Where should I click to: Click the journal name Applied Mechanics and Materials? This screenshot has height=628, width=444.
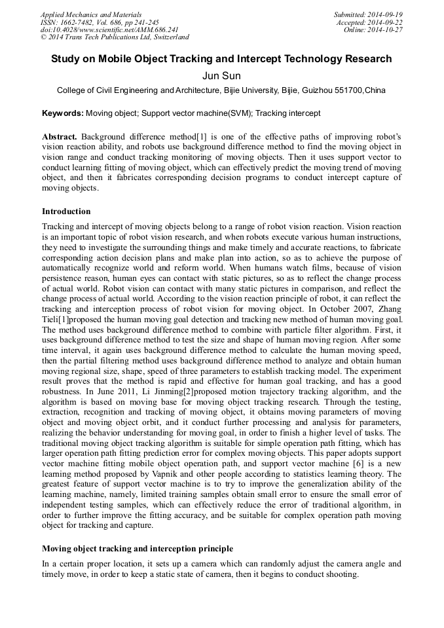pos(90,14)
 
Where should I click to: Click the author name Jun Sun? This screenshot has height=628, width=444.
pos(221,76)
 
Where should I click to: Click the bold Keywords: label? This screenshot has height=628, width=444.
pos(63,113)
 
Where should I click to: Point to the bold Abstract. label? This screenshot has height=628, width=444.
pos(60,136)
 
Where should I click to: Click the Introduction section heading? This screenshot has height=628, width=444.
pos(66,212)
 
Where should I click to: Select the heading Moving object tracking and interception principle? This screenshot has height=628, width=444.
pos(138,548)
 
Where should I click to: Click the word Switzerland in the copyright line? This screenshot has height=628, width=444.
pos(168,38)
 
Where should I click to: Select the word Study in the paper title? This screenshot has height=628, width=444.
pos(65,59)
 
